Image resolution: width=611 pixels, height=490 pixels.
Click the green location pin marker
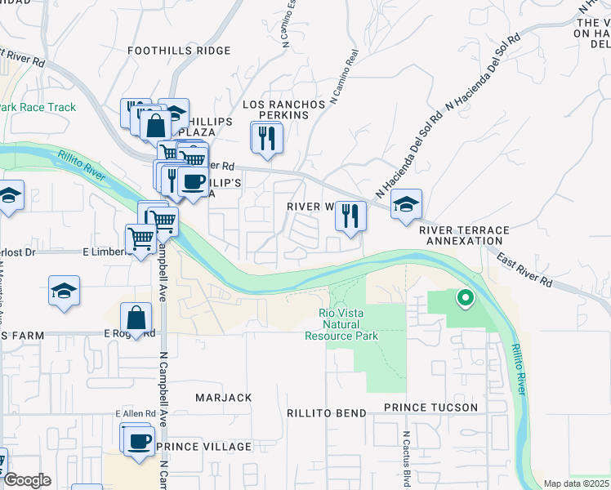[x=466, y=299]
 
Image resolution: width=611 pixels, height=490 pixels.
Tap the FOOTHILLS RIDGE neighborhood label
[x=180, y=51]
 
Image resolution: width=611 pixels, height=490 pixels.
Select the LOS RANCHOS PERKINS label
[x=276, y=110]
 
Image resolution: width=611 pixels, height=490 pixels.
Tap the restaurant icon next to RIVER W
[x=350, y=216]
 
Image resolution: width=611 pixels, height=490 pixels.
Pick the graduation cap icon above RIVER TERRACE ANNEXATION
[x=406, y=205]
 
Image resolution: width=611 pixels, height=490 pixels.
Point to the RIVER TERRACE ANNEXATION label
[x=464, y=236]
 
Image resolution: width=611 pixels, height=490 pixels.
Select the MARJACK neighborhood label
[x=223, y=397]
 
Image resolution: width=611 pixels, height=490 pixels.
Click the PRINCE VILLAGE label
[x=203, y=447]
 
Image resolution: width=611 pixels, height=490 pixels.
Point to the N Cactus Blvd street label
[x=405, y=453]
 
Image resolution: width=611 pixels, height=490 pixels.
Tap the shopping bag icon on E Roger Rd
[x=136, y=318]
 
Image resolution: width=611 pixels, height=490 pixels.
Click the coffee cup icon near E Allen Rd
[x=138, y=441]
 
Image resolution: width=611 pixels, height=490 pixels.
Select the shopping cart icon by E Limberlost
[x=140, y=238]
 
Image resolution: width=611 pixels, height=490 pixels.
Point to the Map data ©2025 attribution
[x=576, y=483]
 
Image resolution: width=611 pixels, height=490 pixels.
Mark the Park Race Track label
[x=38, y=107]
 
